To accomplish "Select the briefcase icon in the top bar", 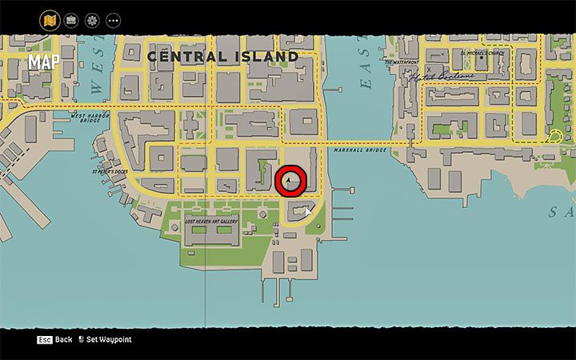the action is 70,19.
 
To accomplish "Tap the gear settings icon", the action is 92,19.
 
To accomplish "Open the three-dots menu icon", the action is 113,19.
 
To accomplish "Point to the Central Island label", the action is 222,57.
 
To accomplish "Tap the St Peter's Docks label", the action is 110,170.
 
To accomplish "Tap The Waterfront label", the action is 402,62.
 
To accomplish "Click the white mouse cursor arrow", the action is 307,213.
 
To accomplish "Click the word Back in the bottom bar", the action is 64,339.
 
